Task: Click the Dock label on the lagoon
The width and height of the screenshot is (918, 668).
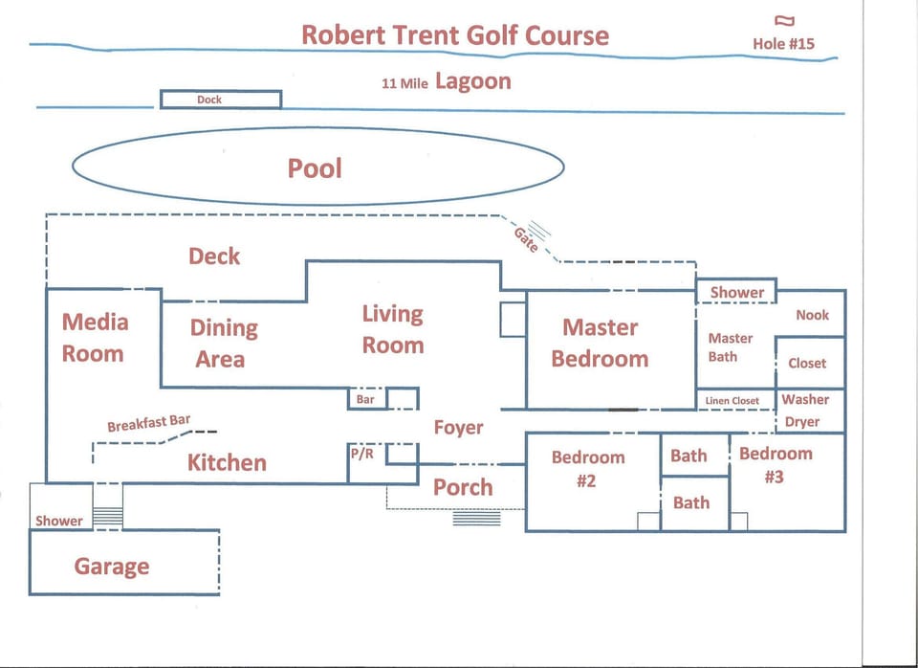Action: click(209, 100)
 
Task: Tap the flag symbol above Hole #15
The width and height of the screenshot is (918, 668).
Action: click(784, 20)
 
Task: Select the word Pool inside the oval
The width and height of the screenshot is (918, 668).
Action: click(315, 168)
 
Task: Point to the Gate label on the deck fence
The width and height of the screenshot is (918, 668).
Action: click(526, 239)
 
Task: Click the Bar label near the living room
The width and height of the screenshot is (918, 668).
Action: click(364, 400)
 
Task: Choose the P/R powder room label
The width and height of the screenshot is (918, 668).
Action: click(361, 453)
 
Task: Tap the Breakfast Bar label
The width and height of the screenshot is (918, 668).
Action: click(149, 423)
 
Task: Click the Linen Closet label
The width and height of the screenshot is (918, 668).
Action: click(732, 401)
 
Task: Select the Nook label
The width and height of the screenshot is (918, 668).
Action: click(812, 315)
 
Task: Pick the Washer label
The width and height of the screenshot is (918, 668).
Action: click(805, 400)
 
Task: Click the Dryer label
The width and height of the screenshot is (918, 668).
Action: click(802, 422)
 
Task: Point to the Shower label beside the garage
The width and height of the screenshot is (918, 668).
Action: click(58, 521)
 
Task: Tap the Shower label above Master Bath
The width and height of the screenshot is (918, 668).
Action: click(737, 293)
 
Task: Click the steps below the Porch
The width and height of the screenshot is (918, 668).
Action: click(476, 519)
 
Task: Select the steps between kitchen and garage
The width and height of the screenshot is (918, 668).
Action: click(108, 517)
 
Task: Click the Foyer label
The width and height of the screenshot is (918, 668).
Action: click(458, 428)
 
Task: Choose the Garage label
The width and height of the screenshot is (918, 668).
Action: click(112, 567)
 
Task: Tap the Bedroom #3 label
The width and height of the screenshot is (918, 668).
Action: click(776, 465)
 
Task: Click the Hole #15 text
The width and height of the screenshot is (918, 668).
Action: click(783, 44)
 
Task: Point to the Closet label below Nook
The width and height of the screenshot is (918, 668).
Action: click(807, 364)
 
